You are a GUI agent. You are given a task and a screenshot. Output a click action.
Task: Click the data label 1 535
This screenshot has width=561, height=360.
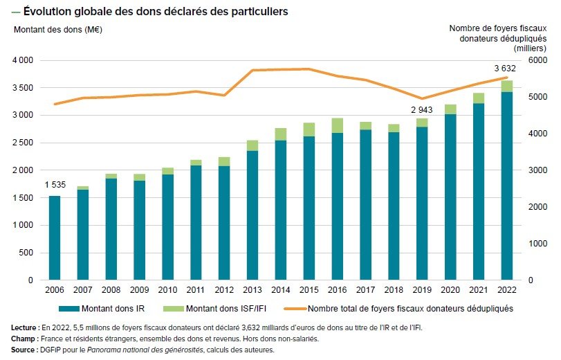[x=55, y=185]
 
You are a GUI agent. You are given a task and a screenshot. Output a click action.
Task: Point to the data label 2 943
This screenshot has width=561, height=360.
[x=422, y=110]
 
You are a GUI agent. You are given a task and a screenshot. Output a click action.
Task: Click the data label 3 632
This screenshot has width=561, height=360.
[x=505, y=68]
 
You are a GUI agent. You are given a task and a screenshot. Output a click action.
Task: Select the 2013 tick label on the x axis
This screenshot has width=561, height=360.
[x=252, y=289]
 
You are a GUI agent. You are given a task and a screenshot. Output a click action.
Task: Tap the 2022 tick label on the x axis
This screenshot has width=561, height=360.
[x=507, y=289]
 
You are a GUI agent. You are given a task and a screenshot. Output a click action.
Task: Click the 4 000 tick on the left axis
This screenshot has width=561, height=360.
[x=24, y=60]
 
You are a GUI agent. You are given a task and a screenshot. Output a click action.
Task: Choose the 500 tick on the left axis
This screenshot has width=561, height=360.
[x=26, y=253]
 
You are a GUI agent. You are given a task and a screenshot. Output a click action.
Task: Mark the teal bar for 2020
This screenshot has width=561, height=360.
[x=450, y=197]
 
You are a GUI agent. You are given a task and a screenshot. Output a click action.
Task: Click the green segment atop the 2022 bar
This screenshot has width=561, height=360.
[x=507, y=86]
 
